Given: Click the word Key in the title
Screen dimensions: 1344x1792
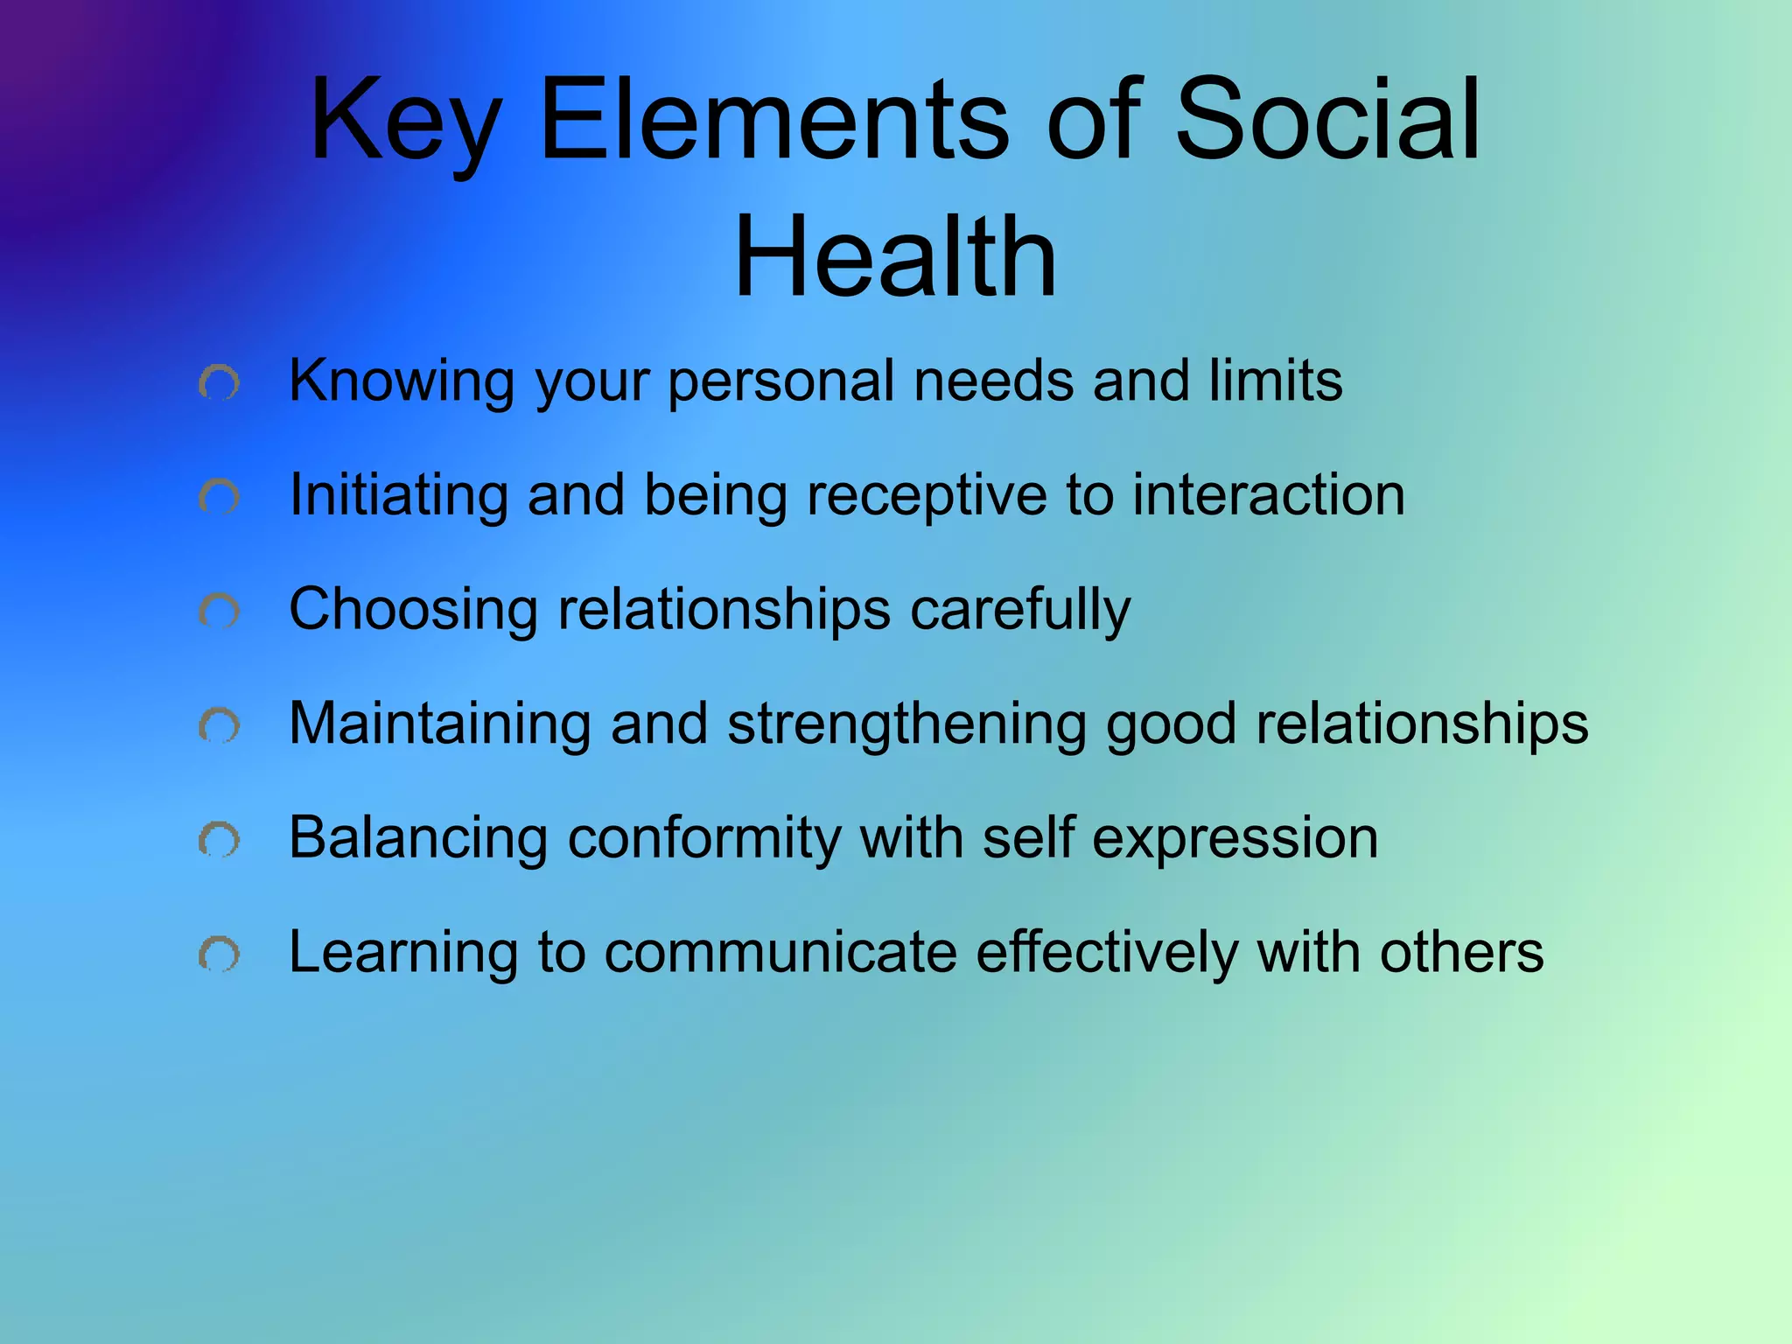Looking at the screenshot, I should click(405, 122).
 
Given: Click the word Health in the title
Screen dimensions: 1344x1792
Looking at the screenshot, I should click(895, 257).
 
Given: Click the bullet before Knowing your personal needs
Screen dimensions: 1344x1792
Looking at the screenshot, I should click(219, 383).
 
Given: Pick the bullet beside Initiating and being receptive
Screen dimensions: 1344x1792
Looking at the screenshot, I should click(219, 497).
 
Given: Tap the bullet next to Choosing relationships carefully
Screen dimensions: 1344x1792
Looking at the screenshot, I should click(219, 611).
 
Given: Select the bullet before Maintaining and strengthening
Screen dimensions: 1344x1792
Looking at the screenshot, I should click(219, 725).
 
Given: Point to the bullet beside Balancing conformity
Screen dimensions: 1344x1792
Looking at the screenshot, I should click(219, 840).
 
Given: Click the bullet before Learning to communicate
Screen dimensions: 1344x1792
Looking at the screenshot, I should click(219, 954).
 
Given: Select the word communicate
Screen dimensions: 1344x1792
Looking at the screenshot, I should click(780, 952).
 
